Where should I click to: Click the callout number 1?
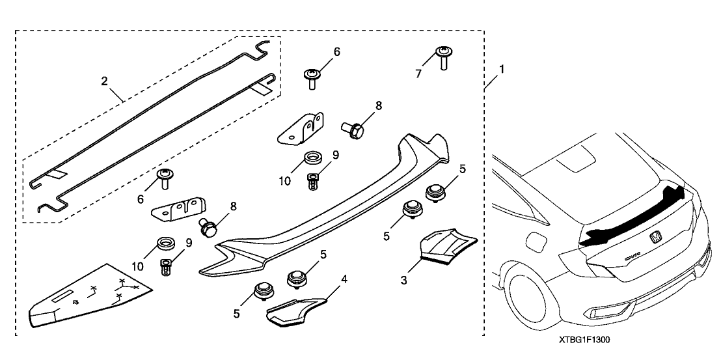[500, 68]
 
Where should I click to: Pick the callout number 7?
[418, 74]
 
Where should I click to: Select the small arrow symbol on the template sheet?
[77, 301]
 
